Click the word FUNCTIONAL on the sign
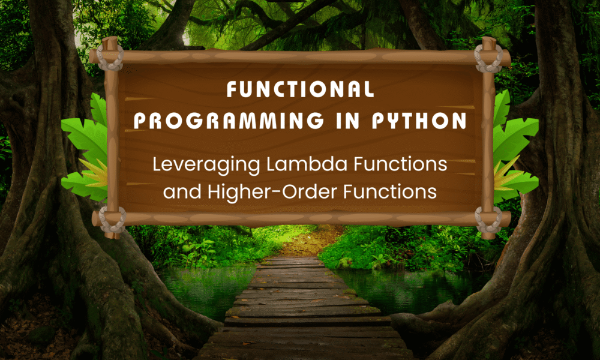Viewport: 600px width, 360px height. (300, 89)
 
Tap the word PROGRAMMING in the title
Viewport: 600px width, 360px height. (229, 121)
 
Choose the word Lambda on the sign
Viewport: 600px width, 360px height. (307, 164)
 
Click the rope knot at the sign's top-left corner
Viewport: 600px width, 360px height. (110, 58)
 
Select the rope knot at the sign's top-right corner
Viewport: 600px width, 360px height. (488, 58)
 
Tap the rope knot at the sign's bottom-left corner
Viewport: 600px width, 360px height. (112, 220)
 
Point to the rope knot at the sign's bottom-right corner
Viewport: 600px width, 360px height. (488, 220)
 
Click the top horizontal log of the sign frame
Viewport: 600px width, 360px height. (300, 56)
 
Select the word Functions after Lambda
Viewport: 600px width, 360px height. (400, 164)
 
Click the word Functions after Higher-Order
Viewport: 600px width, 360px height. (390, 191)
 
